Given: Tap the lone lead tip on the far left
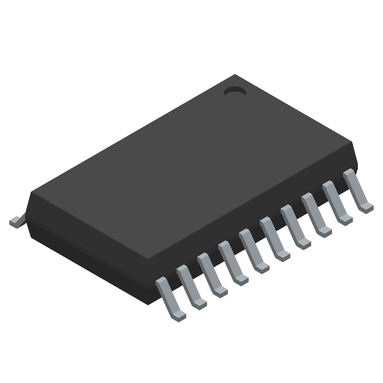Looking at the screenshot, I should [x=15, y=221].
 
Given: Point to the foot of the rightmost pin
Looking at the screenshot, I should [x=367, y=206].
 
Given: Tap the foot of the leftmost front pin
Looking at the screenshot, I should [x=179, y=315].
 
